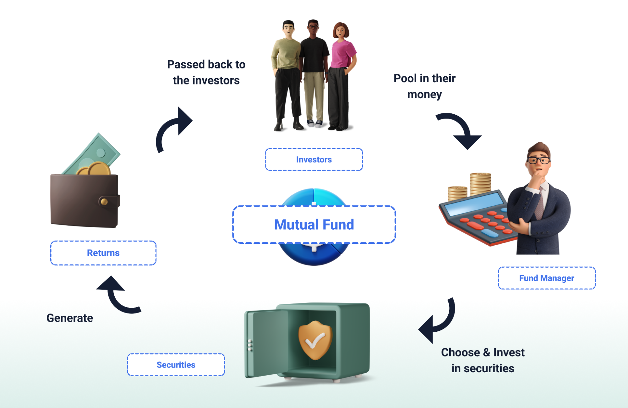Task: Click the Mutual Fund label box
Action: (314, 225)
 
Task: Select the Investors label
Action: (314, 160)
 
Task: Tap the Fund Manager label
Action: (546, 278)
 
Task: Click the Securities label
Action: (176, 365)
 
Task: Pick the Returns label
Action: (103, 253)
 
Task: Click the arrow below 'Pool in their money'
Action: (462, 130)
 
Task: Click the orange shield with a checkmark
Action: (315, 340)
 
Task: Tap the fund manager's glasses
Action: (538, 160)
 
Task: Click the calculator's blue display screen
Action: (474, 204)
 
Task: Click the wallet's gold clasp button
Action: (104, 202)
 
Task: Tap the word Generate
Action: (70, 318)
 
